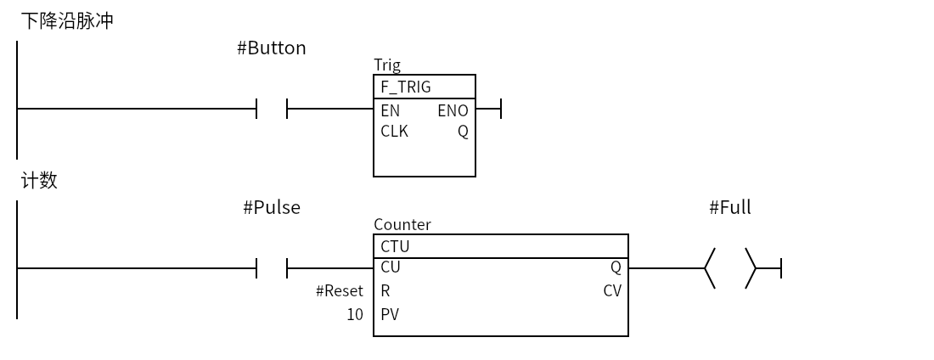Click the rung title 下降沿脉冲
click(67, 21)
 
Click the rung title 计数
click(39, 180)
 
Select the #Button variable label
click(272, 48)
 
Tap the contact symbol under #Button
click(272, 109)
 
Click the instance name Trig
click(387, 65)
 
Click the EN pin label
click(391, 111)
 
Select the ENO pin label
click(453, 111)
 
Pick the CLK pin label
click(394, 131)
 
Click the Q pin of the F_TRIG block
click(463, 132)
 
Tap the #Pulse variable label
click(272, 207)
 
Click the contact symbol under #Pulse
click(272, 268)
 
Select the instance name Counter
click(402, 224)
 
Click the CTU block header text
click(395, 246)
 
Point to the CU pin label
click(391, 267)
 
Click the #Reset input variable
click(340, 291)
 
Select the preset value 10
click(355, 315)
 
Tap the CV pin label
click(612, 291)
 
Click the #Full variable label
click(730, 207)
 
